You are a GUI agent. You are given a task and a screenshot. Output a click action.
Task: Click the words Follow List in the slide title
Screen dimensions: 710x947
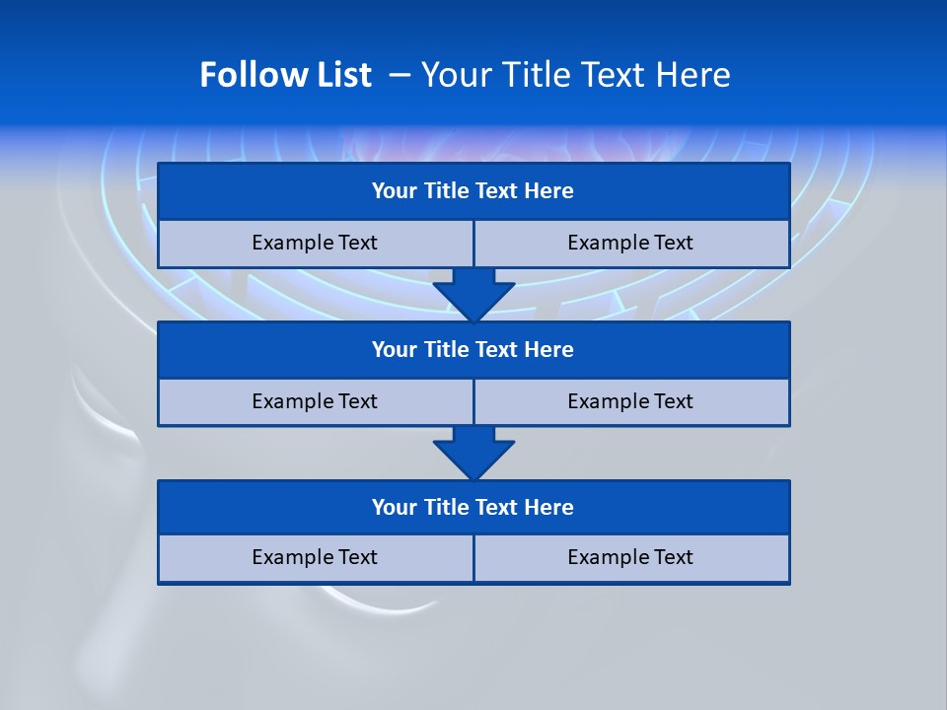coord(285,75)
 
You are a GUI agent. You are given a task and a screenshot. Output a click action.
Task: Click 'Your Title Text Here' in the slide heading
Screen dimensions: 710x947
coord(575,75)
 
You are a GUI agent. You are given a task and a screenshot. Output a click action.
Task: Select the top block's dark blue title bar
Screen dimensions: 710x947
coord(473,191)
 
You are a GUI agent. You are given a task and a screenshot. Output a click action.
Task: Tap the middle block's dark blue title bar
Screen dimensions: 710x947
coord(473,349)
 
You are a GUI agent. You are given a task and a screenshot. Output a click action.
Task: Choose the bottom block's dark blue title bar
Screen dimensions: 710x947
coord(473,507)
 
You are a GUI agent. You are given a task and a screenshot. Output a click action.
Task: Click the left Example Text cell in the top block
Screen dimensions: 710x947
coord(315,243)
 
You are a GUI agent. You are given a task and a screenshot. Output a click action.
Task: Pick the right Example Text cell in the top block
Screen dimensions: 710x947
coord(630,243)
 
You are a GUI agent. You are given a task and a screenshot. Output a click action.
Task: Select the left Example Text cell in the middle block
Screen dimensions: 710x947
coord(315,401)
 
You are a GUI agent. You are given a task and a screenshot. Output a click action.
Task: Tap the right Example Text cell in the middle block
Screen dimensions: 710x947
coord(630,401)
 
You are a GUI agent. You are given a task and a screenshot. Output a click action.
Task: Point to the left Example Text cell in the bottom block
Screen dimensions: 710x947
coord(315,557)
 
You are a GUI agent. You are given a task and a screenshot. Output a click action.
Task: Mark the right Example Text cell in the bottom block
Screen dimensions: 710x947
coord(630,557)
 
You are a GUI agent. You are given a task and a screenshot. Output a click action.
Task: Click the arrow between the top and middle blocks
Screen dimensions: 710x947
coord(473,293)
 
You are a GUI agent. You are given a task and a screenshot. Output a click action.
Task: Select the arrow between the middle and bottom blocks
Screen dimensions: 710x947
coord(473,452)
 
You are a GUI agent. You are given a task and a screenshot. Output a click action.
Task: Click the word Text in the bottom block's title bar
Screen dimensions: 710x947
coord(498,507)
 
